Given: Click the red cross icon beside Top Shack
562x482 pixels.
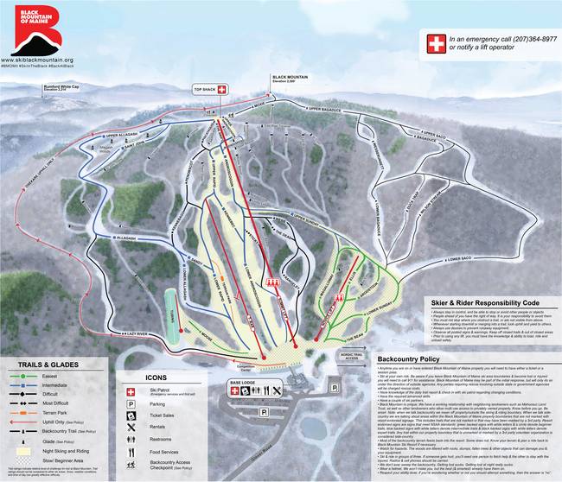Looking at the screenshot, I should (x=220, y=89).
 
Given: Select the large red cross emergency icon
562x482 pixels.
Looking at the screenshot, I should (x=436, y=44).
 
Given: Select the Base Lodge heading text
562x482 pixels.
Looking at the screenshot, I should (x=243, y=380).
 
